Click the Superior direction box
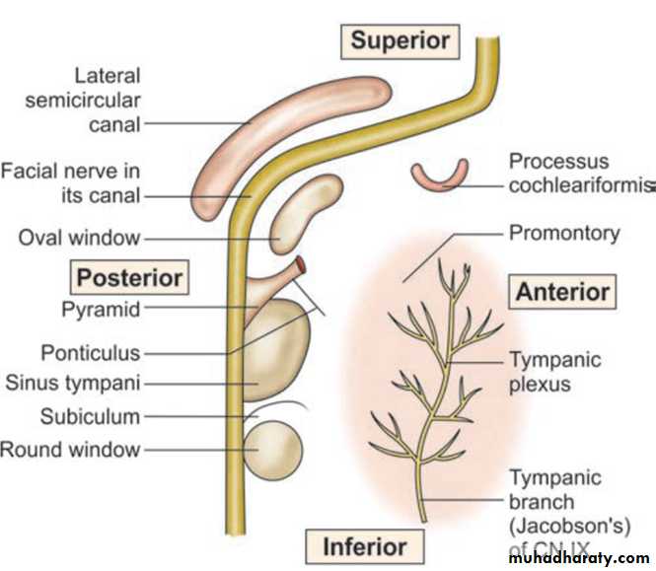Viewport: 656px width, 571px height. click(401, 40)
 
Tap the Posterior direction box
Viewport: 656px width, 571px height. click(130, 277)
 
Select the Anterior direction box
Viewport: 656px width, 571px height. click(562, 292)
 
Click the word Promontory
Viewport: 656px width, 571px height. click(563, 234)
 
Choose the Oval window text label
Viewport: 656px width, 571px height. click(80, 238)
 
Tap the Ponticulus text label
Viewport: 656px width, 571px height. click(91, 352)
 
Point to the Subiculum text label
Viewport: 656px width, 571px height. click(91, 416)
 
